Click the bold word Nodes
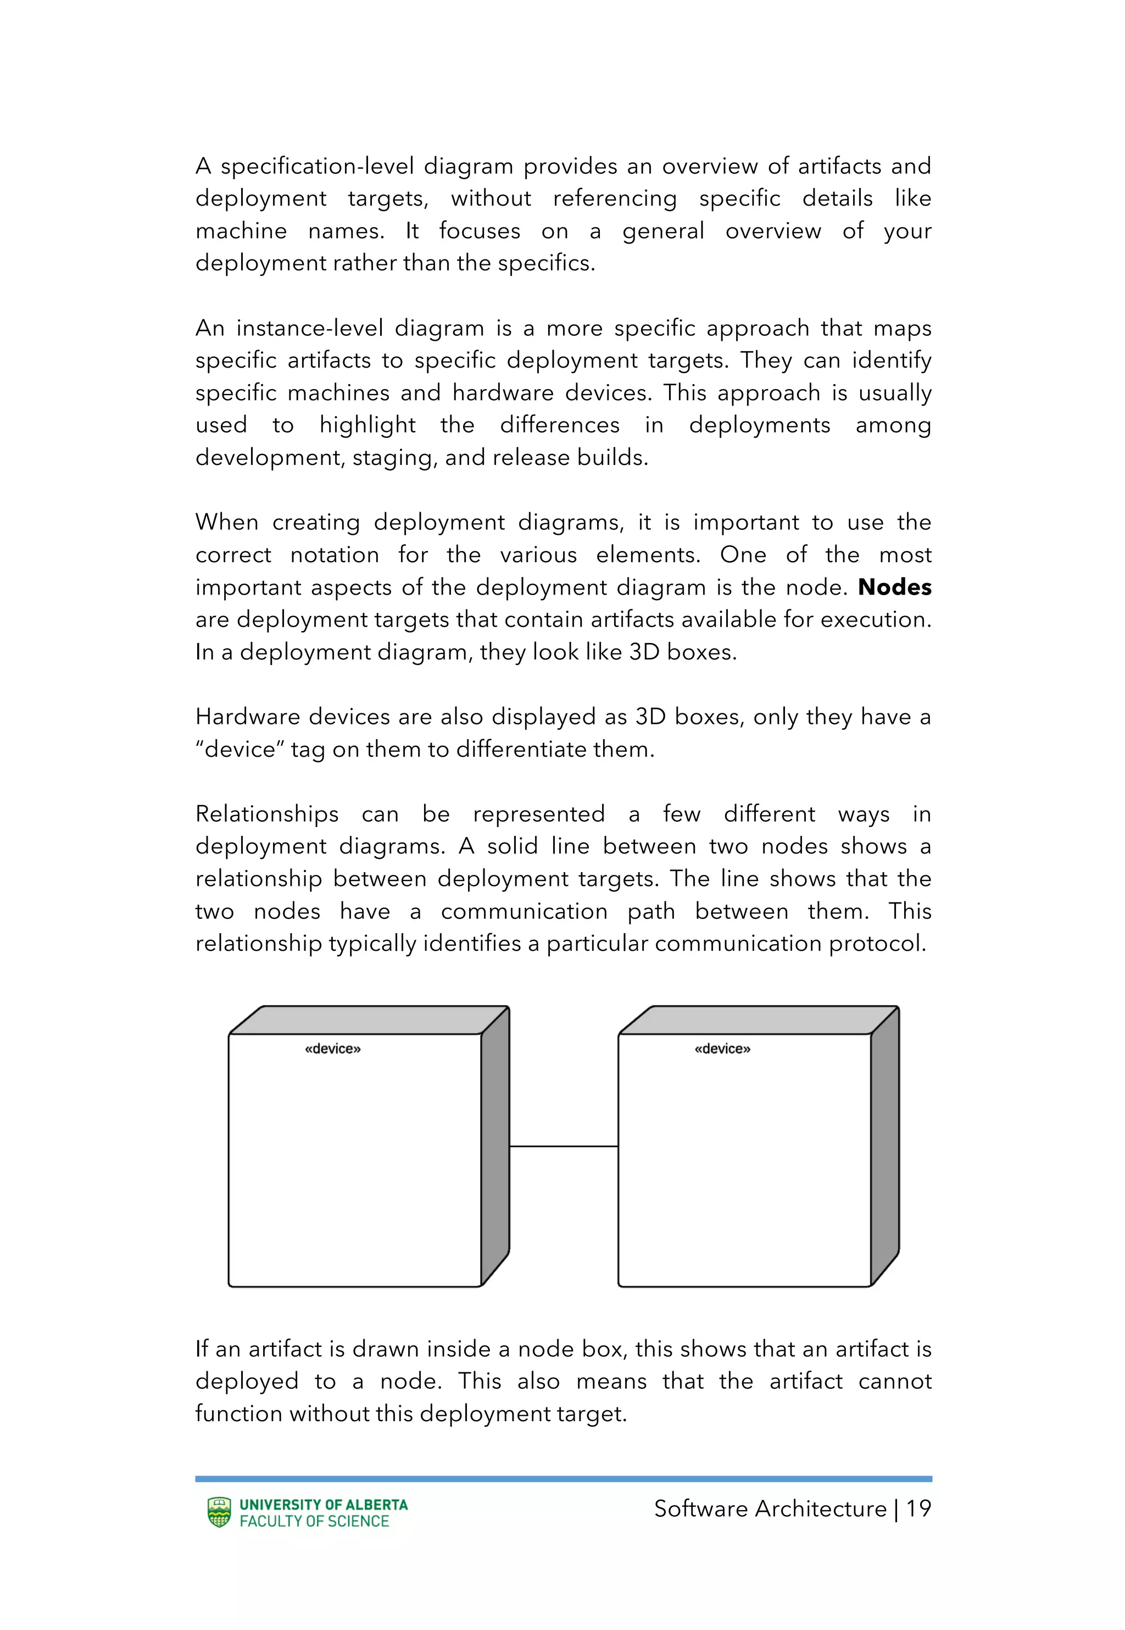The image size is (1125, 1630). [894, 587]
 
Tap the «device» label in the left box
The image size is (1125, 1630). [333, 1049]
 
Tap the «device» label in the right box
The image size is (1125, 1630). [722, 1049]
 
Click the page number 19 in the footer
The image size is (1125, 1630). [918, 1509]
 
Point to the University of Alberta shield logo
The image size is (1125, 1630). [219, 1512]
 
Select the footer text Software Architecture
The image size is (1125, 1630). [770, 1509]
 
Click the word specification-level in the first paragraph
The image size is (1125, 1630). [316, 167]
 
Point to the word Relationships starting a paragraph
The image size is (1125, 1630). [266, 814]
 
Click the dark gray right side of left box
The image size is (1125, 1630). [495, 1146]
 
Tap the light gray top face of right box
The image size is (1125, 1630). [758, 1020]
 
